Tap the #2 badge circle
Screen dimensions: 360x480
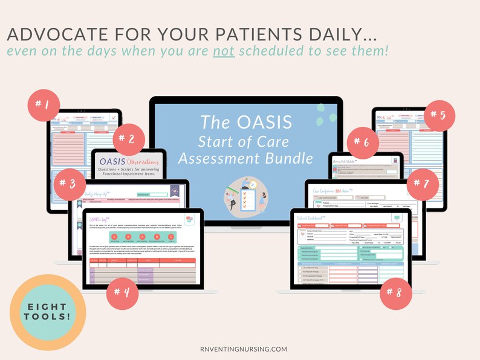(x=128, y=138)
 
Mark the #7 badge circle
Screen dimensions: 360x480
(x=422, y=182)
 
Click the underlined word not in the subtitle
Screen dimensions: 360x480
(x=223, y=51)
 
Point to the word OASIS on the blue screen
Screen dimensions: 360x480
(x=259, y=123)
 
